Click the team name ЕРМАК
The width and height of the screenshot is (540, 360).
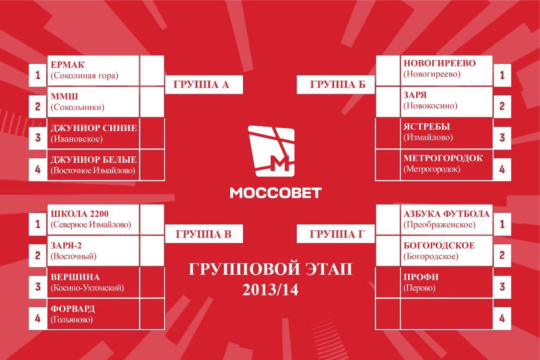67,65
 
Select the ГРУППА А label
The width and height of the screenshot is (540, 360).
201,84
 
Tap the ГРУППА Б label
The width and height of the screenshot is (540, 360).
338,84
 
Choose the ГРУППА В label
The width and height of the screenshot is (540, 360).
204,234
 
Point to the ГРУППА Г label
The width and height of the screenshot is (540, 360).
337,234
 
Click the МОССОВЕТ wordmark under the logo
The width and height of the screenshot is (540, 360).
276,193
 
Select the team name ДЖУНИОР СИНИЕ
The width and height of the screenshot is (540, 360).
94,128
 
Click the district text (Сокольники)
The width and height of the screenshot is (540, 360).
77,107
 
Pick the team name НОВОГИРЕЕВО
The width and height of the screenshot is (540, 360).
440,63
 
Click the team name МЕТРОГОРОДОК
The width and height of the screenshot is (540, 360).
443,158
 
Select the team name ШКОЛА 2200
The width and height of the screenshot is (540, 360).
80,214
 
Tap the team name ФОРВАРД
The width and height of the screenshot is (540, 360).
73,309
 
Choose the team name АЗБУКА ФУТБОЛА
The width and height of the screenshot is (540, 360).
447,214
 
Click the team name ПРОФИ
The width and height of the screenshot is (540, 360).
421,277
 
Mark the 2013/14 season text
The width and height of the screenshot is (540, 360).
270,290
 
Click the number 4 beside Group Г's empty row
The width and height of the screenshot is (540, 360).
502,319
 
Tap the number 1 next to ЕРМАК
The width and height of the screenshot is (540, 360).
38,75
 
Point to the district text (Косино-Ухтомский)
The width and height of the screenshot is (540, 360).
87,288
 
